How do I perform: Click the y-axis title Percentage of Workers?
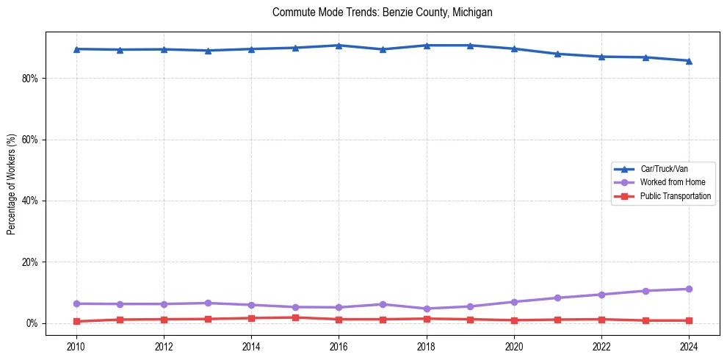click(11, 184)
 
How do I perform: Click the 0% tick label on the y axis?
click(32, 323)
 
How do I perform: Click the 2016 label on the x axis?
click(339, 346)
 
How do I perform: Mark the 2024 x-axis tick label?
click(689, 346)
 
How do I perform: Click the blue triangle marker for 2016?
click(339, 46)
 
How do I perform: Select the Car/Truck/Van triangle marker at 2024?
click(689, 61)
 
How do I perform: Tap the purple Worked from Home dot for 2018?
click(427, 309)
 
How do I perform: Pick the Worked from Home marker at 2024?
click(689, 289)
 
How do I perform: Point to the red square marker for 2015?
click(295, 317)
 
